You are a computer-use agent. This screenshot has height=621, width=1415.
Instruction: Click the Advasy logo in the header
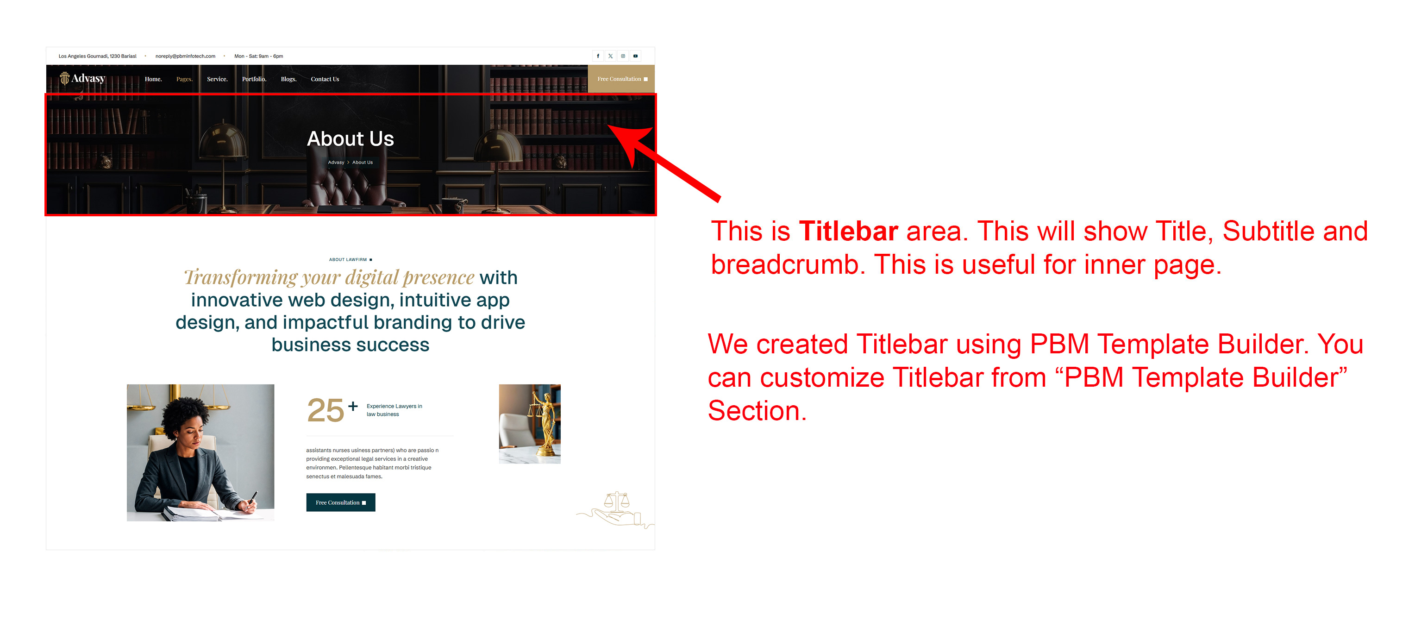click(x=82, y=79)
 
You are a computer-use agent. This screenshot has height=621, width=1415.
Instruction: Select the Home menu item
click(x=153, y=79)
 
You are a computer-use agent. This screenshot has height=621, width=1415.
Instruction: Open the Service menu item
click(x=217, y=79)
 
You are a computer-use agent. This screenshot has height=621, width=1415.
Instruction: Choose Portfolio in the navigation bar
click(x=254, y=79)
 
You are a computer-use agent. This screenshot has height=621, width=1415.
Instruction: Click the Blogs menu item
click(x=289, y=79)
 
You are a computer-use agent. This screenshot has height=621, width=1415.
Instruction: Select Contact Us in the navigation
click(x=325, y=79)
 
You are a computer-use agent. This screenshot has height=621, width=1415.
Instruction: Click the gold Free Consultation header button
click(x=621, y=79)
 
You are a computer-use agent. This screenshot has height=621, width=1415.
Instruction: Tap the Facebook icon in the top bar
click(x=598, y=56)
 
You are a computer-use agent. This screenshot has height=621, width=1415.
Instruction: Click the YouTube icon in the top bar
click(x=636, y=56)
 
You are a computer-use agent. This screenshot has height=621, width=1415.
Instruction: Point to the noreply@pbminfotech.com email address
click(x=185, y=56)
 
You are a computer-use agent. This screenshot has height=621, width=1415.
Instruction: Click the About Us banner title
click(x=351, y=138)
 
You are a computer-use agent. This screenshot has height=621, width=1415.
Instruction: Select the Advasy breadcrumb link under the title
click(x=336, y=163)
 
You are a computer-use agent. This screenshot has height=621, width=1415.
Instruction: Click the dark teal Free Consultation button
click(x=341, y=502)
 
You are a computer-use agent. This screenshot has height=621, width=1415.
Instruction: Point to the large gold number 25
click(x=326, y=410)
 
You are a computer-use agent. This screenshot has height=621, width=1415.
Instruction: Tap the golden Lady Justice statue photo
click(x=530, y=424)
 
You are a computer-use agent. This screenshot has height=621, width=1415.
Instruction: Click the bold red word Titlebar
click(x=849, y=231)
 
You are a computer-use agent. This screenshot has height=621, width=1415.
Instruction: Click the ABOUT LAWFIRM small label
click(x=348, y=259)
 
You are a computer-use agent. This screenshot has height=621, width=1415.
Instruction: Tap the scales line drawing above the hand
click(x=617, y=501)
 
